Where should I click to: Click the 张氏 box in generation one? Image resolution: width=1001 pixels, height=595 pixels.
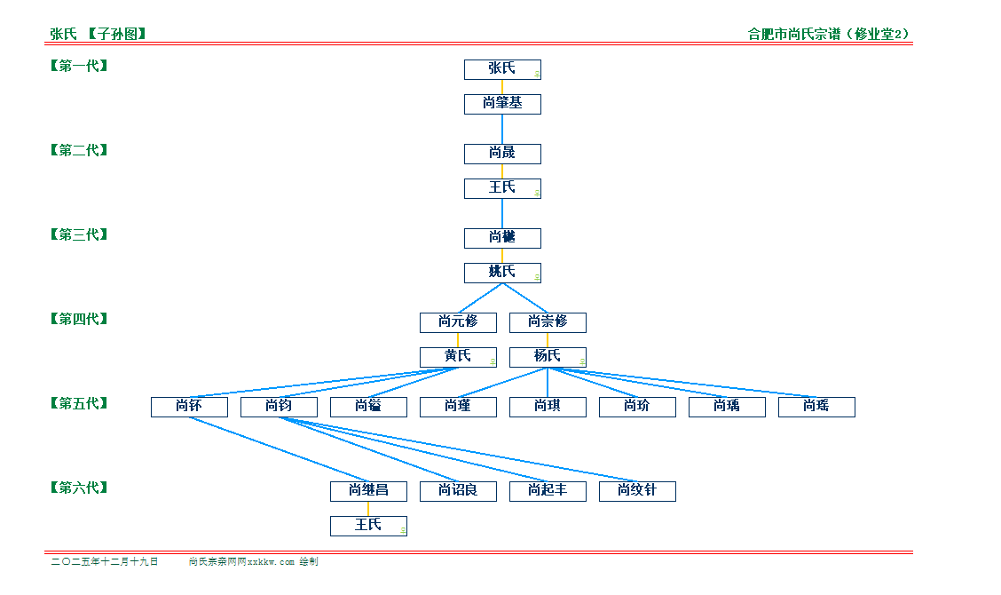coord(502,69)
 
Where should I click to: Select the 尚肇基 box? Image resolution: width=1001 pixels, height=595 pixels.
coord(502,104)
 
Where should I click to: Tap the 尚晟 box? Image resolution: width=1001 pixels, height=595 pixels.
coord(502,154)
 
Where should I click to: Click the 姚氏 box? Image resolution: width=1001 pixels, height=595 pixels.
coord(502,273)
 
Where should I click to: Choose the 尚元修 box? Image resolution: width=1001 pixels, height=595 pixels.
coord(458,322)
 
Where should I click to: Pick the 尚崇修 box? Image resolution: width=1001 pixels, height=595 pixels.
coord(548,322)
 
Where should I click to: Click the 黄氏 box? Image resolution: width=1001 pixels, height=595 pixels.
coord(458,357)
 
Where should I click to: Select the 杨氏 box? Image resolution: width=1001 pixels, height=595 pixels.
coord(548,357)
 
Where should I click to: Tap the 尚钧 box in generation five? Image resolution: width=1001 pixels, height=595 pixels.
coord(279,407)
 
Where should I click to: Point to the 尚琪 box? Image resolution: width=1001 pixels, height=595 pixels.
coord(548,407)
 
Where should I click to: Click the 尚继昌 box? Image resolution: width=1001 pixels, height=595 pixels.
coord(368,491)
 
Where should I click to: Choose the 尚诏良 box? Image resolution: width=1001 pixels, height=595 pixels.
coord(458,491)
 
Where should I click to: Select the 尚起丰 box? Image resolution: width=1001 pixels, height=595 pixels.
coord(548,491)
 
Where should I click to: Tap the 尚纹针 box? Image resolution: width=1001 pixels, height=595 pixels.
coord(637,491)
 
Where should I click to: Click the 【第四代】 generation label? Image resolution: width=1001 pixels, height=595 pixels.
coord(79,319)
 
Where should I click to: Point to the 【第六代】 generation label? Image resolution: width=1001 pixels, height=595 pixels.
coord(79,488)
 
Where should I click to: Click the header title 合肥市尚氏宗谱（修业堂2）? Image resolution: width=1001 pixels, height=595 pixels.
coord(829,35)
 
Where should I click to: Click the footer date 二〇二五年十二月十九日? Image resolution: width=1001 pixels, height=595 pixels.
coord(105,562)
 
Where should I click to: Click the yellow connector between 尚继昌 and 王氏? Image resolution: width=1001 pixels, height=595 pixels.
coord(368,509)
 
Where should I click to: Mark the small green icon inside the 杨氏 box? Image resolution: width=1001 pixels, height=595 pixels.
coord(582,361)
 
